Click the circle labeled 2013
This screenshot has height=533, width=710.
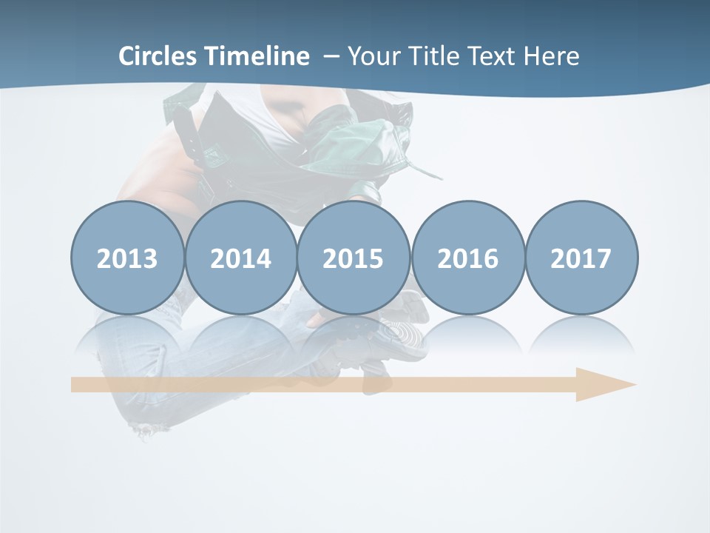[x=127, y=258]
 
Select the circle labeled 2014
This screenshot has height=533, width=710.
[x=240, y=258]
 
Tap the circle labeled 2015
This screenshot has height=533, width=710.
[x=353, y=258]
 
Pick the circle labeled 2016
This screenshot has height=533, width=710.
[x=467, y=258]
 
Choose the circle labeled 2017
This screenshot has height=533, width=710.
[x=581, y=258]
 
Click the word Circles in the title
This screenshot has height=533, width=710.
[x=159, y=56]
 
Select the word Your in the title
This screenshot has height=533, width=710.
[x=371, y=56]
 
